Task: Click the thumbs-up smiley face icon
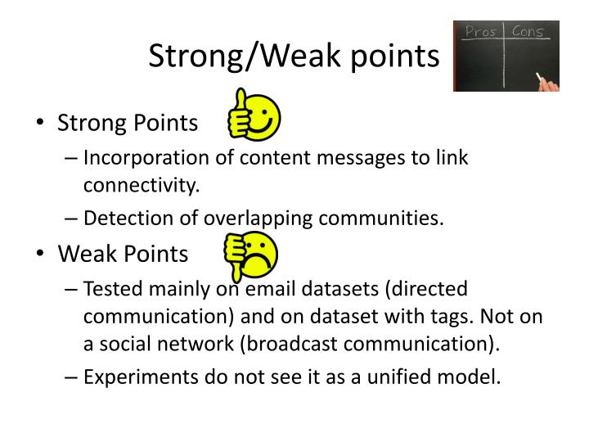[254, 115]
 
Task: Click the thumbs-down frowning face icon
[252, 256]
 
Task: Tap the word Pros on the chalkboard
[481, 32]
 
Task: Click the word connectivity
[141, 185]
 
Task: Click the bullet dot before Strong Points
[41, 124]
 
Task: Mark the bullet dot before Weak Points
[41, 255]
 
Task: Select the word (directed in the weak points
[425, 288]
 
